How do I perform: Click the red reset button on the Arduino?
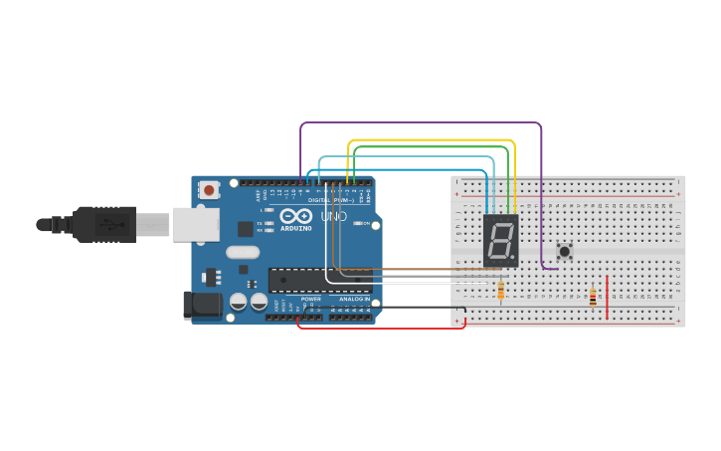click(x=209, y=189)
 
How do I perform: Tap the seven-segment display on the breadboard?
click(x=500, y=240)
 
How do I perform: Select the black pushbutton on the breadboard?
click(x=565, y=251)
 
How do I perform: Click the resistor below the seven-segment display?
click(x=500, y=290)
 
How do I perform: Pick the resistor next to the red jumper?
click(x=594, y=297)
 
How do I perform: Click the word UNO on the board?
click(x=333, y=216)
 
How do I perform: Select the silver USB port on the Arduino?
click(x=196, y=224)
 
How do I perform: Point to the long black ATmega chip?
click(x=318, y=281)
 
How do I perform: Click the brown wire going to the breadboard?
click(x=418, y=269)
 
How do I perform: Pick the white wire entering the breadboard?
click(x=418, y=283)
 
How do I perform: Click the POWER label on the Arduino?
click(x=311, y=299)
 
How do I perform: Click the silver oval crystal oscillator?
click(x=242, y=252)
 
